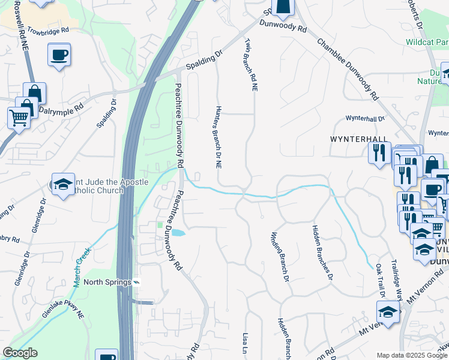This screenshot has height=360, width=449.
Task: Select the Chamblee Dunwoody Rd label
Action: click(x=348, y=69)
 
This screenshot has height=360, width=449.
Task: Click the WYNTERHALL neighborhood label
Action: click(x=352, y=139)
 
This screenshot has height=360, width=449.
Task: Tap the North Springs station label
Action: click(x=109, y=282)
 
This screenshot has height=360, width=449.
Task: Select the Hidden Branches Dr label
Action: click(x=322, y=253)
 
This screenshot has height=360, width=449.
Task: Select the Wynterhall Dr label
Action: click(x=363, y=119)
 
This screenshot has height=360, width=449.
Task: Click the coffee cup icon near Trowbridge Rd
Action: click(x=59, y=55)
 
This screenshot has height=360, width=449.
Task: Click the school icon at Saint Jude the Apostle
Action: click(x=62, y=185)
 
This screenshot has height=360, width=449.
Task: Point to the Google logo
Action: click(x=20, y=353)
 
